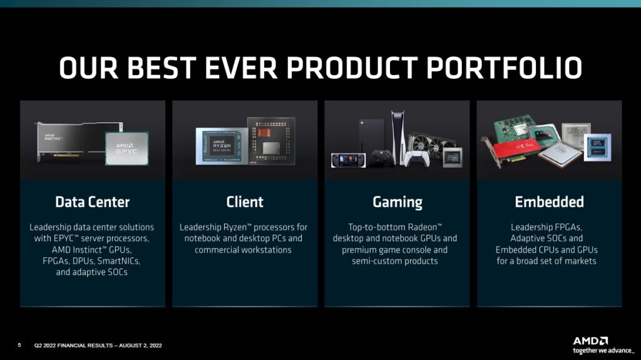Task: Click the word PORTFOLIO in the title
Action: click(x=504, y=68)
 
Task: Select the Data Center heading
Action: click(x=93, y=202)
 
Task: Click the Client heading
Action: click(x=245, y=202)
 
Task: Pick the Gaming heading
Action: click(x=397, y=202)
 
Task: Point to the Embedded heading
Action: click(x=550, y=202)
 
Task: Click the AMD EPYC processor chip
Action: click(x=126, y=148)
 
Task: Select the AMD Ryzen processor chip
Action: click(x=222, y=147)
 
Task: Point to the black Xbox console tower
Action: click(x=371, y=139)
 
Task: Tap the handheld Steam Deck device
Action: click(x=348, y=160)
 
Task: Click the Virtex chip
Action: click(x=577, y=135)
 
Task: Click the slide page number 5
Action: click(x=19, y=345)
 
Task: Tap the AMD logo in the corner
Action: click(x=590, y=341)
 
